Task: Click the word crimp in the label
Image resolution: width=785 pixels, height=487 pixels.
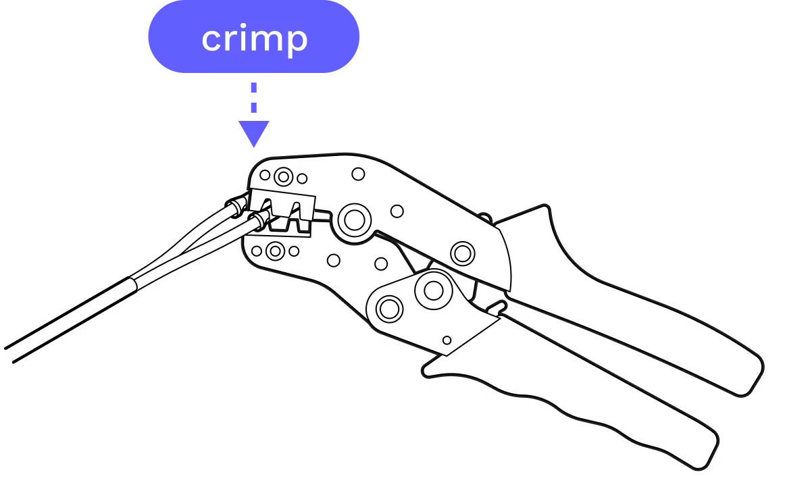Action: tap(254, 39)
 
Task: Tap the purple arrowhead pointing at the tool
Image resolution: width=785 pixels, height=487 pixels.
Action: tap(254, 133)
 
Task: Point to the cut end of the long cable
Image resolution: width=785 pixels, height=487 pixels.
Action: tap(8, 354)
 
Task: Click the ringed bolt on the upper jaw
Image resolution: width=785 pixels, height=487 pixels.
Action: tap(283, 177)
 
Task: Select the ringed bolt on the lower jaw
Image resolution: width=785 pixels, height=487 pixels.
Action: tap(274, 251)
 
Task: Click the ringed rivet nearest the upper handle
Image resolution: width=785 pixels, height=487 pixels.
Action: tap(463, 253)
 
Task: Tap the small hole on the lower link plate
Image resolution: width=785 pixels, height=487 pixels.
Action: tap(447, 340)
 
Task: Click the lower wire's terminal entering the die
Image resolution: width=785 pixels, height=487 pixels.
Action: tap(260, 220)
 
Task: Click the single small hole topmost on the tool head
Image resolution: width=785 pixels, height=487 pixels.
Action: tap(358, 174)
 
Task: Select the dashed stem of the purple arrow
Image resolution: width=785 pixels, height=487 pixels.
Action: tap(254, 98)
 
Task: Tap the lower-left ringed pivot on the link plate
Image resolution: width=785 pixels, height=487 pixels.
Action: tap(388, 309)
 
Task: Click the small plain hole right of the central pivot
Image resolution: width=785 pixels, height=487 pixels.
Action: tap(397, 211)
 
